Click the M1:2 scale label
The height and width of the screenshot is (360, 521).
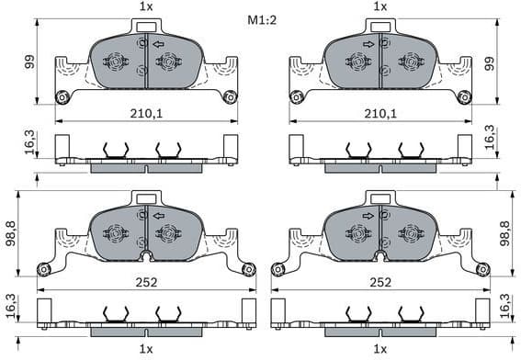pyautogui.click(x=261, y=19)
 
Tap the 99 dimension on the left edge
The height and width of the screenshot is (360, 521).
pyautogui.click(x=29, y=62)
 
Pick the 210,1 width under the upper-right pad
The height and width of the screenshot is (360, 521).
pyautogui.click(x=379, y=114)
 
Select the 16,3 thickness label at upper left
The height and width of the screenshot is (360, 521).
pyautogui.click(x=29, y=143)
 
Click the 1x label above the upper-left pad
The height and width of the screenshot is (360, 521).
pyautogui.click(x=145, y=6)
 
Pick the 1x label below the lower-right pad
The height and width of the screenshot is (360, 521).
pyautogui.click(x=379, y=349)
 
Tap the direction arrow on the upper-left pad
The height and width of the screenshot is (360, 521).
pyautogui.click(x=159, y=43)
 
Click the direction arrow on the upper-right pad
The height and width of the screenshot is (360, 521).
pyautogui.click(x=368, y=43)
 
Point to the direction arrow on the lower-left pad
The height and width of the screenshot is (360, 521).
pyautogui.click(x=159, y=216)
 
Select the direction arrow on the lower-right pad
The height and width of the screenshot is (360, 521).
pyautogui.click(x=368, y=216)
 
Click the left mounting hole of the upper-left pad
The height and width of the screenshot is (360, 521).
pyautogui.click(x=62, y=97)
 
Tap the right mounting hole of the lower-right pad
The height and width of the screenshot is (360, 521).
pyautogui.click(x=481, y=269)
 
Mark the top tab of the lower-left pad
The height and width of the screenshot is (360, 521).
pyautogui.click(x=146, y=197)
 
